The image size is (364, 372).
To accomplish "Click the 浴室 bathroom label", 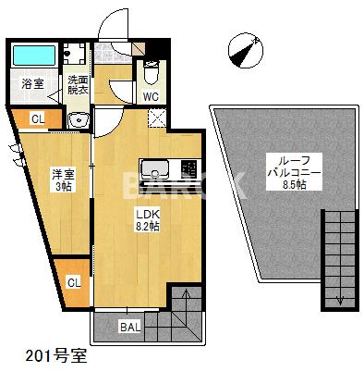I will (33, 84).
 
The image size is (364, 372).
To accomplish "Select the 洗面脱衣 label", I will (78, 84).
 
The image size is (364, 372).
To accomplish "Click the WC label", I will (151, 94).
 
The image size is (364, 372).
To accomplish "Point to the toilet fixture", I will (152, 71).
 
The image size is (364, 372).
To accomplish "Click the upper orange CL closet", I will (37, 118).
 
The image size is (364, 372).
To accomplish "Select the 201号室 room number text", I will (49, 355).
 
